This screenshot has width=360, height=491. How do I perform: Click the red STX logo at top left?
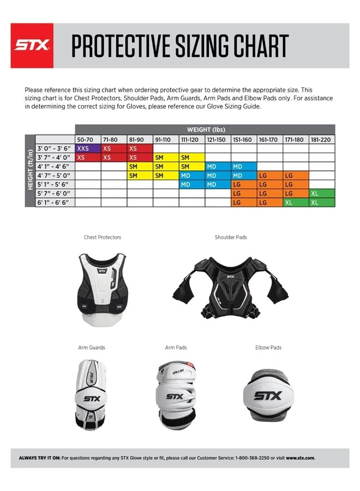32,46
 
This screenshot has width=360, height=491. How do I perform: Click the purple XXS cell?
87,148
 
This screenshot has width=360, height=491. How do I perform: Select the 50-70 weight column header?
87,140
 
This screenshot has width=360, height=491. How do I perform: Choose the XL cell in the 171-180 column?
296,202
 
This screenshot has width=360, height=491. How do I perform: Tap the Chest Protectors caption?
103,237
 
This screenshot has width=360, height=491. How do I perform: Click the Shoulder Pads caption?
231,237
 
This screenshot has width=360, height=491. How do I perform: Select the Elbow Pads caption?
268,348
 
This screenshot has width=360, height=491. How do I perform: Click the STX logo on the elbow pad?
268,395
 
